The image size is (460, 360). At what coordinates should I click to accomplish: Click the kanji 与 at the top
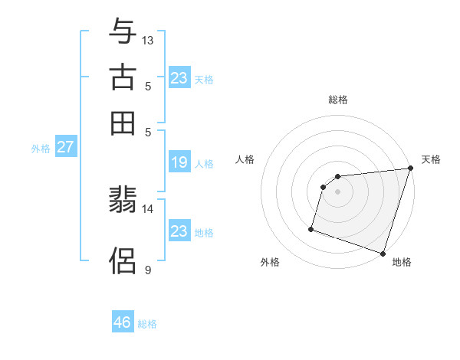[x=123, y=32]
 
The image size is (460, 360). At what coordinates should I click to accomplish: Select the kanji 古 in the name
[x=123, y=77]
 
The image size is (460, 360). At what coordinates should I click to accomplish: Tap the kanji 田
[x=123, y=123]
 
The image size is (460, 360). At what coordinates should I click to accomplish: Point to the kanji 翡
[x=123, y=201]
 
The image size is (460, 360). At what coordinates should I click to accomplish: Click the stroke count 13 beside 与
[x=148, y=40]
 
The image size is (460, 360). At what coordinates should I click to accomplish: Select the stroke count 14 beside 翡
[x=148, y=208]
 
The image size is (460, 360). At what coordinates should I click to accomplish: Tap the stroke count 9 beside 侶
[x=148, y=270]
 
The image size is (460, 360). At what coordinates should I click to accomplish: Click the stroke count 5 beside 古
[x=148, y=86]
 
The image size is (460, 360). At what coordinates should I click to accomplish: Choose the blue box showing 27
[x=65, y=147]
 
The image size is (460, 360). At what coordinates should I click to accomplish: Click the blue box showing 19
[x=179, y=162]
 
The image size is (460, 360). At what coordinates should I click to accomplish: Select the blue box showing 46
[x=123, y=322]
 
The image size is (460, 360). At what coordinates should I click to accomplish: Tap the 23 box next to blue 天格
[x=179, y=78]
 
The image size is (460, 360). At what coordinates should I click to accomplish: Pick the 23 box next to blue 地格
[x=179, y=231]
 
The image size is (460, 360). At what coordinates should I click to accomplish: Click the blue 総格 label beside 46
[x=147, y=324]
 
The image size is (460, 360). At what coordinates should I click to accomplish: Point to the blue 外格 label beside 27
[x=41, y=149]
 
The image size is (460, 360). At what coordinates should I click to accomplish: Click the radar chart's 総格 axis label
[x=337, y=100]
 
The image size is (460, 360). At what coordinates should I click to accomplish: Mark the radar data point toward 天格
[x=410, y=169]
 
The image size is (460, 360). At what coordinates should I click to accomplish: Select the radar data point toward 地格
[x=383, y=253]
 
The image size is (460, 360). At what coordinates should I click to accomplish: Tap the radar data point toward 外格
[x=311, y=228]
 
